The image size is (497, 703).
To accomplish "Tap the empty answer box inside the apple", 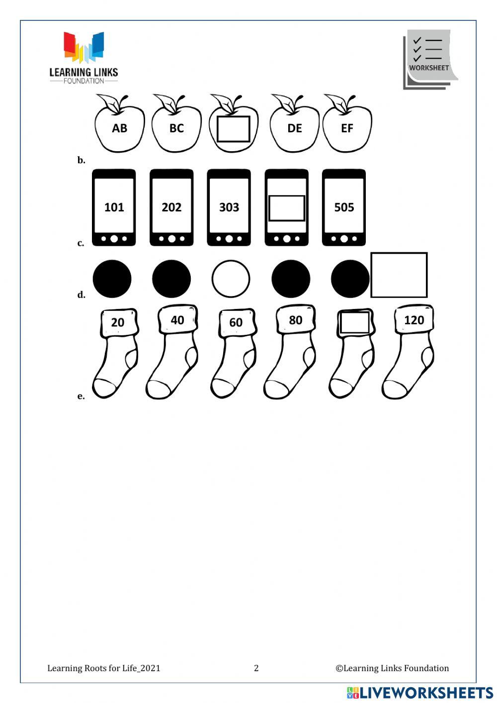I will click(x=233, y=129).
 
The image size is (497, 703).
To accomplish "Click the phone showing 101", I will click(x=114, y=207).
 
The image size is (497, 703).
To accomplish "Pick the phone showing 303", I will click(x=229, y=207).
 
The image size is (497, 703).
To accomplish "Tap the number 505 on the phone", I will click(x=344, y=207).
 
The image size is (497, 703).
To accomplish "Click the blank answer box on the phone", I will click(x=286, y=208).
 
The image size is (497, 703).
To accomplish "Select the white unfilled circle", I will click(x=231, y=279).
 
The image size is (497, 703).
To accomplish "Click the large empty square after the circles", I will click(x=399, y=275).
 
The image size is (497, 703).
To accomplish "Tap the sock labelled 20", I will click(x=116, y=353).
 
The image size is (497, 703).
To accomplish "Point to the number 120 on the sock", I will click(x=414, y=320).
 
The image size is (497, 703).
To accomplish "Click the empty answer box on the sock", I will click(x=354, y=323).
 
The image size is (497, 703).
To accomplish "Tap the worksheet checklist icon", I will click(x=429, y=59).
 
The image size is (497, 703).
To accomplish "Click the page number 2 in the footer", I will click(x=256, y=668).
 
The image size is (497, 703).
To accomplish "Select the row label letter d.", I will click(x=81, y=295).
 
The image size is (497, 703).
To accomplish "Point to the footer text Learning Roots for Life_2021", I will click(x=104, y=668).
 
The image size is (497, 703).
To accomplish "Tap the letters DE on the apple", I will click(x=295, y=128).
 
